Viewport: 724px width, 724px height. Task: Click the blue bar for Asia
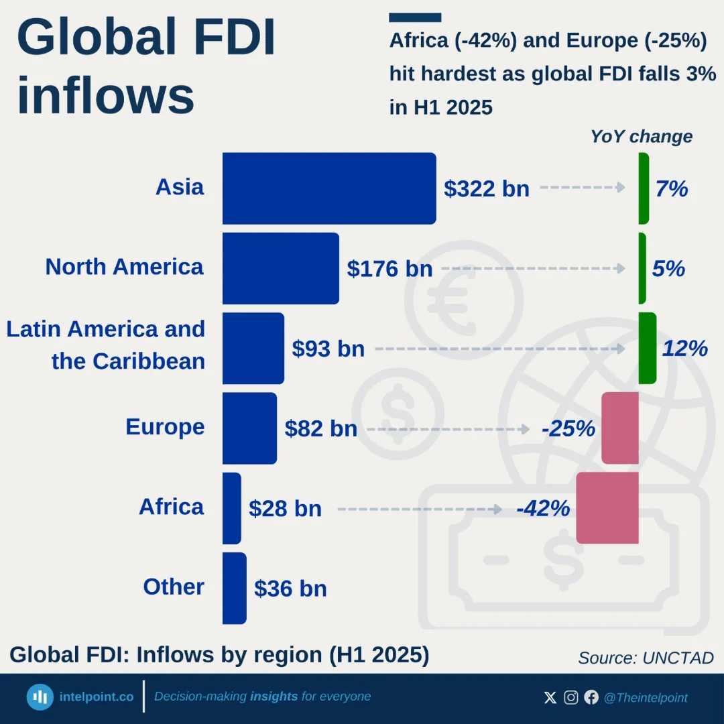329,188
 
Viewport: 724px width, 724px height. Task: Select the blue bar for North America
281,268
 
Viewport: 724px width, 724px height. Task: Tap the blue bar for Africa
232,508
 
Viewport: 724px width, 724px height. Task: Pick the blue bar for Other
235,589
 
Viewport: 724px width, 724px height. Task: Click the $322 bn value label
487,189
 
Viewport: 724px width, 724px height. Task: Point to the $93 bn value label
328,349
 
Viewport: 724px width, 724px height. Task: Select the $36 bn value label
290,589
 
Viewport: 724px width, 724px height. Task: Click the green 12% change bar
648,348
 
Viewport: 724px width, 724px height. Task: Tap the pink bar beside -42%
607,508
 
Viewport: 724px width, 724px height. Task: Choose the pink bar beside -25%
620,428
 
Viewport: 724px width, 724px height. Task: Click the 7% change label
672,189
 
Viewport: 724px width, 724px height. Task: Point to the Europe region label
166,427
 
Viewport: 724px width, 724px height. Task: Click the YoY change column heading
642,137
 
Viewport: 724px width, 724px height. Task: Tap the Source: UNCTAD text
646,658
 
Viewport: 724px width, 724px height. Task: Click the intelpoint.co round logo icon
40,697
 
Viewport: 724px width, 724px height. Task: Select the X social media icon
550,697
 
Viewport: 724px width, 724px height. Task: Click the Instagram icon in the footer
570,697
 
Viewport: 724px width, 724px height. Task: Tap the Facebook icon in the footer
591,697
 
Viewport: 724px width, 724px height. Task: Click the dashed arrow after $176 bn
534,268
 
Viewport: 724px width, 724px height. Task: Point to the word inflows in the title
106,96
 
